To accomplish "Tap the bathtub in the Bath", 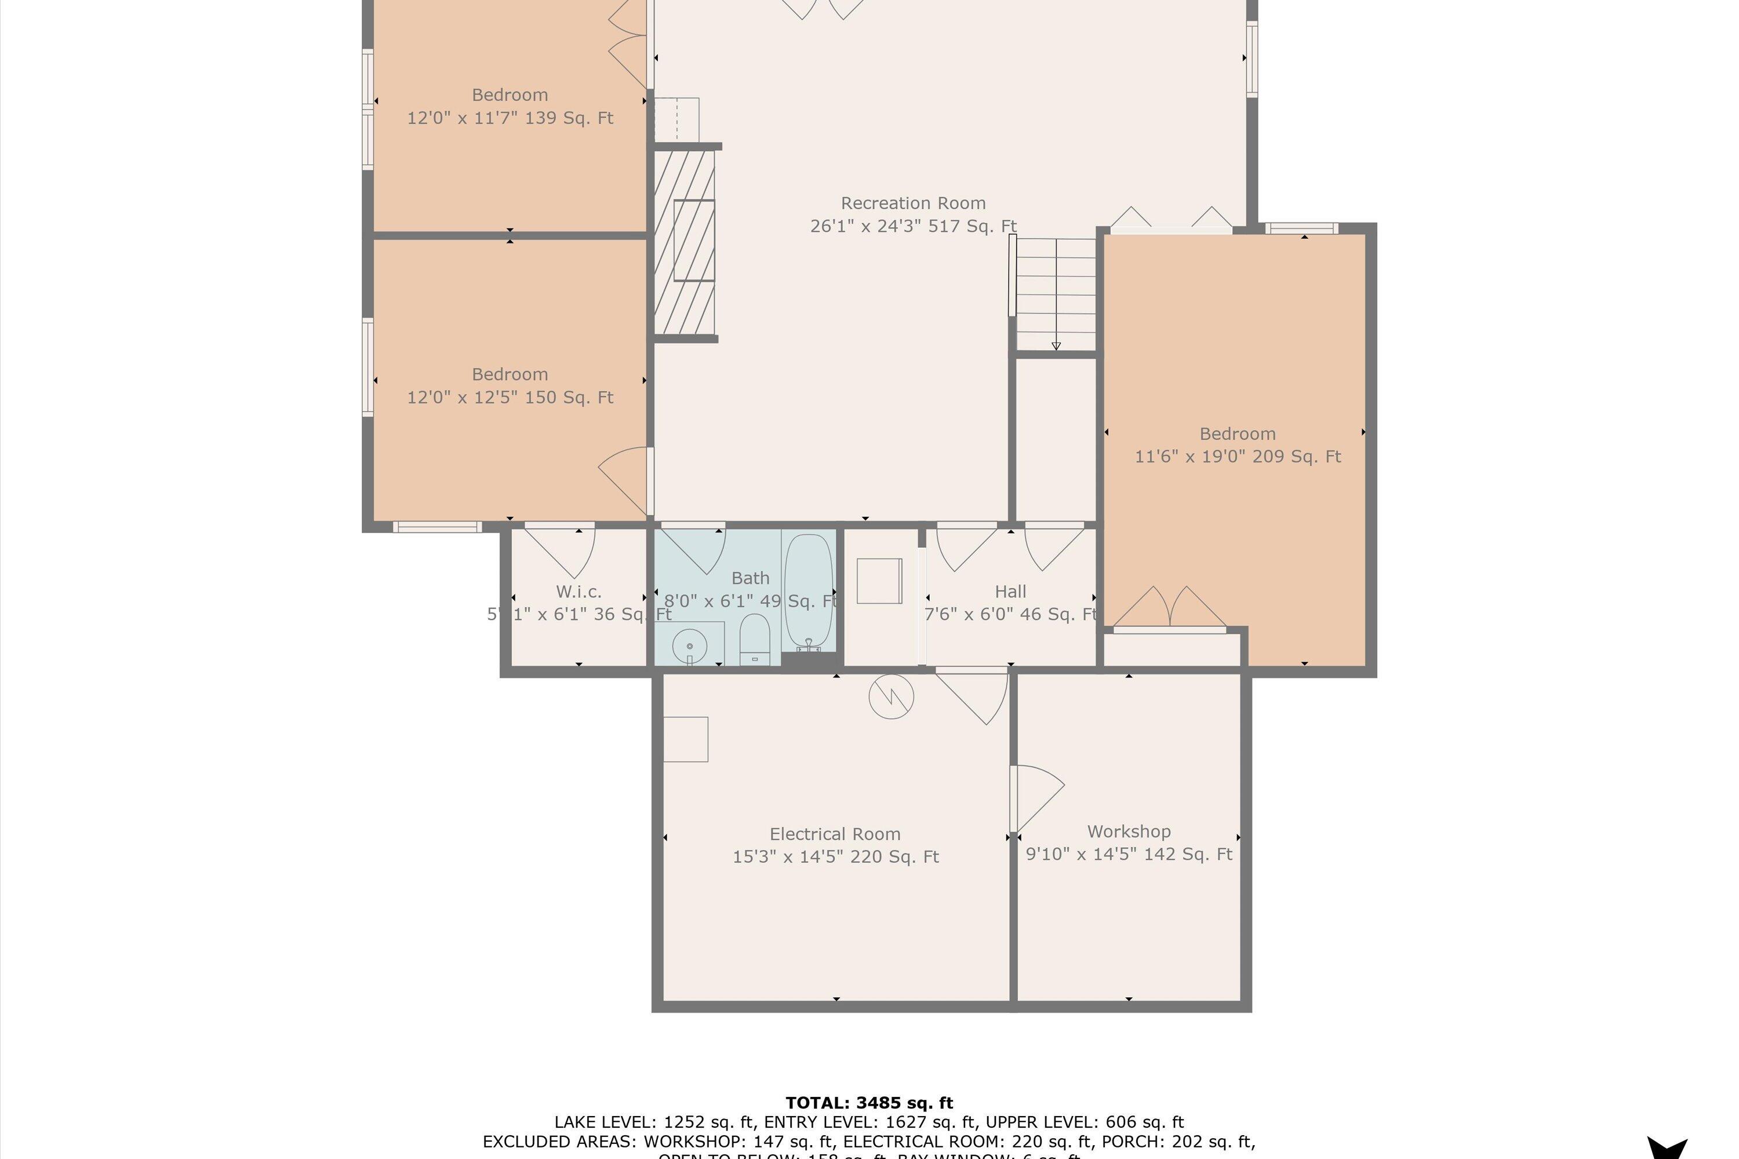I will (x=808, y=591).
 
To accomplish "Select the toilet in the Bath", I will (x=755, y=640).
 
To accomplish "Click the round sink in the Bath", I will (x=689, y=646).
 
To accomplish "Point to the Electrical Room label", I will (x=835, y=834).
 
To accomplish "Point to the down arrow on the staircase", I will (x=1056, y=345).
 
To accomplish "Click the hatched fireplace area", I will (x=685, y=242).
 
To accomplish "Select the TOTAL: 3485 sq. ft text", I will (x=869, y=1103).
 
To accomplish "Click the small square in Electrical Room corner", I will (x=685, y=739).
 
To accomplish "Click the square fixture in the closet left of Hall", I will (x=879, y=581).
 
